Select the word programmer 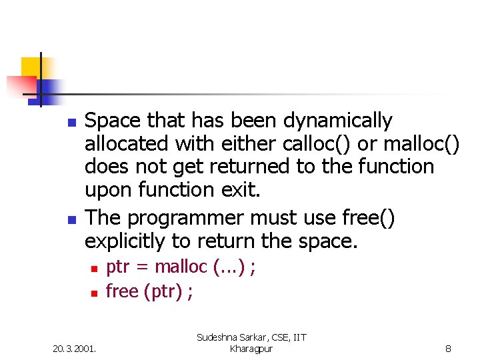[x=189, y=218]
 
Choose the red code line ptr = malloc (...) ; [x=181, y=267]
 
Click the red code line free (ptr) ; [x=149, y=291]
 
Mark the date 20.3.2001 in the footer [x=75, y=348]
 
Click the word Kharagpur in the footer [x=251, y=349]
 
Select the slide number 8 [x=449, y=348]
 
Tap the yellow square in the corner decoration [x=31, y=67]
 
